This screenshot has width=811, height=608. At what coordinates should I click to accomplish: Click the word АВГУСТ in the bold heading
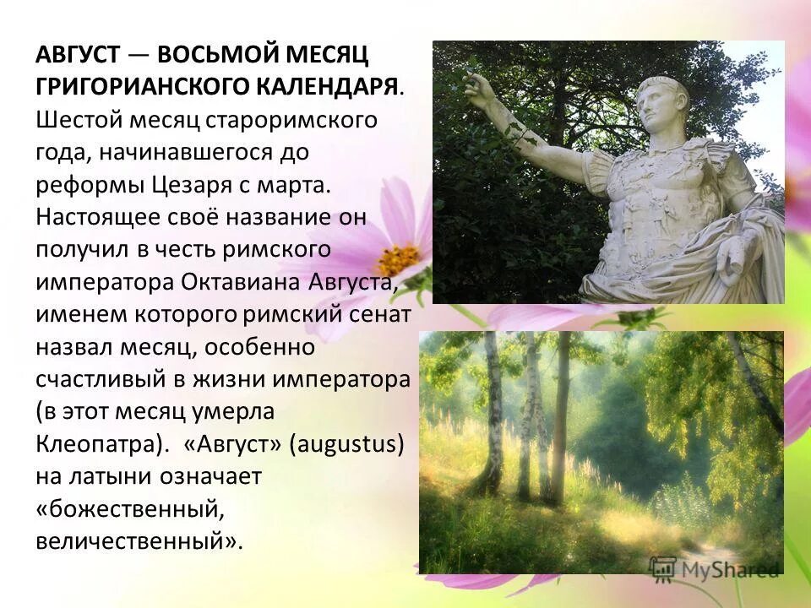(x=77, y=56)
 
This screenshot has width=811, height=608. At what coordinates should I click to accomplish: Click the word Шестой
(x=79, y=120)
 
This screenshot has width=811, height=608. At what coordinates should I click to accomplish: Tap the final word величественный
(x=135, y=540)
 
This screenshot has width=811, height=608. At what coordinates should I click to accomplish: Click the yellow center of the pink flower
(x=397, y=260)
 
